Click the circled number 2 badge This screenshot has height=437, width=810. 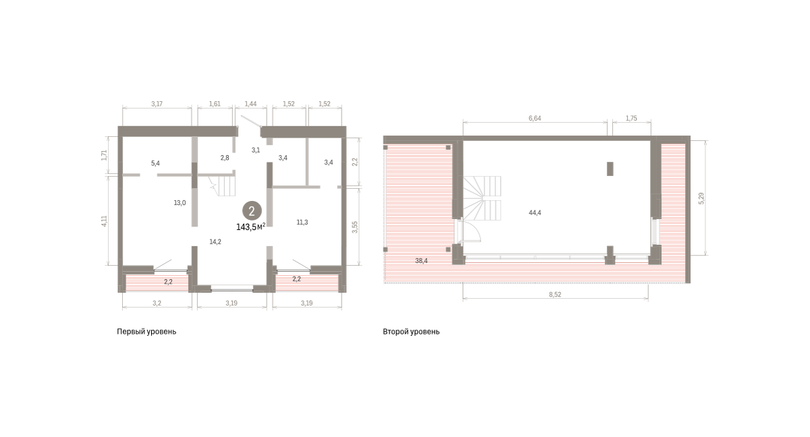(x=252, y=211)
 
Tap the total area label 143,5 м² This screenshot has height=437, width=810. (x=250, y=227)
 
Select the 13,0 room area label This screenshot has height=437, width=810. (x=180, y=203)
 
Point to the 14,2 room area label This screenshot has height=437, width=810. (x=215, y=242)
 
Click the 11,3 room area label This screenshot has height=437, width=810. (x=302, y=223)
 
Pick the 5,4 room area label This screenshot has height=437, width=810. (x=155, y=163)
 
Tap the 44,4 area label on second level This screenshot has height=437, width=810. (x=535, y=212)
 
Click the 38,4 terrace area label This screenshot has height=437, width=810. (x=421, y=260)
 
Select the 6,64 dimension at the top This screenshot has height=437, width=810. (x=535, y=118)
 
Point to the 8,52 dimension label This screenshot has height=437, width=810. (x=555, y=295)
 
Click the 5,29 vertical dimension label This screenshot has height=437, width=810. (x=701, y=198)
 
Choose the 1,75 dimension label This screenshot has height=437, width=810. (x=631, y=118)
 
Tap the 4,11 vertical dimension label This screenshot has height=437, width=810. (x=104, y=221)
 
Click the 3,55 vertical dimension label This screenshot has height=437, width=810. (x=355, y=227)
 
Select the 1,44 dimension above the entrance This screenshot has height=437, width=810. (x=250, y=104)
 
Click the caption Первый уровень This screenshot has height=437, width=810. (x=146, y=332)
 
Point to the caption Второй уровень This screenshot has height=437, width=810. (x=411, y=332)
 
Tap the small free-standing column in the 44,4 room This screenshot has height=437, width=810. (x=610, y=169)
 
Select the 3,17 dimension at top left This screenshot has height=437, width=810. (x=157, y=104)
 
